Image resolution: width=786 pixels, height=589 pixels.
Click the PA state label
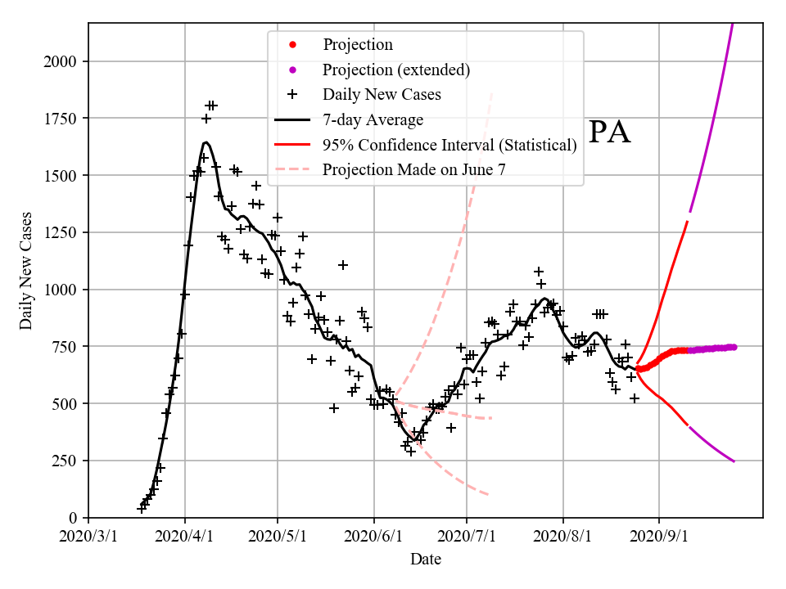(610, 133)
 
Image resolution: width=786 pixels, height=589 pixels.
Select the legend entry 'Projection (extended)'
(396, 70)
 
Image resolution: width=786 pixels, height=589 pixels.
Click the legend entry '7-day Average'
(373, 120)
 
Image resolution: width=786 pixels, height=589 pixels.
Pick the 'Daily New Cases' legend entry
(382, 94)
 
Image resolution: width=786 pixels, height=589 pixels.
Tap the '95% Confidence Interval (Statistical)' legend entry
(449, 145)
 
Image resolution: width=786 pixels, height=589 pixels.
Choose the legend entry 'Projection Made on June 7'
(414, 170)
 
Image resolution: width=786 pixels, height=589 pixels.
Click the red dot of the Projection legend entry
(291, 45)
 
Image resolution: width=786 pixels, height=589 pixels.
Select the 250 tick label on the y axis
(66, 461)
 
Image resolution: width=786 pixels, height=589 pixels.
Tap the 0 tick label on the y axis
(74, 519)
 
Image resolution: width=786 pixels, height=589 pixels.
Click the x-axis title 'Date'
(426, 560)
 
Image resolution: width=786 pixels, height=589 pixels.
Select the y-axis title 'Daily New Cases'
(26, 272)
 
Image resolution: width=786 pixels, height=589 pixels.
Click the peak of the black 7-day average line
(206, 142)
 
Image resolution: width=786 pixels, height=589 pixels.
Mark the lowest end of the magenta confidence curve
(734, 462)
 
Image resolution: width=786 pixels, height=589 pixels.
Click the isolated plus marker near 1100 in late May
(343, 265)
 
